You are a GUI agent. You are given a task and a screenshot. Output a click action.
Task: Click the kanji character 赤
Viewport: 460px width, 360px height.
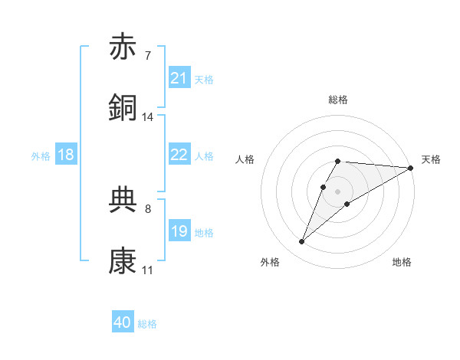[x=123, y=47]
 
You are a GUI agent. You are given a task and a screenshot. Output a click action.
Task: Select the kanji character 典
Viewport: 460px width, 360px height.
[x=123, y=200]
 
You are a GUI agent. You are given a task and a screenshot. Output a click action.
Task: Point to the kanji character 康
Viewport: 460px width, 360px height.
[x=123, y=261]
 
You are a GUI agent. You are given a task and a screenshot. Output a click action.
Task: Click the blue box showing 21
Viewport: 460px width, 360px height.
[x=179, y=78]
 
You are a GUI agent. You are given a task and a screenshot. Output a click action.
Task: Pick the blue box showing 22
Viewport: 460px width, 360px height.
[x=179, y=155]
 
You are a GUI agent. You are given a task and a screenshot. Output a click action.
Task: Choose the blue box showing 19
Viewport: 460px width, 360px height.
[x=179, y=231]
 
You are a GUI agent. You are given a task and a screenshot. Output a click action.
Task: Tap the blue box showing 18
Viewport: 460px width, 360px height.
[x=66, y=155]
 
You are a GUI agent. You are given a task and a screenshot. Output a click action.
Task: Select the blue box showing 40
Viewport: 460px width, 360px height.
[x=123, y=323]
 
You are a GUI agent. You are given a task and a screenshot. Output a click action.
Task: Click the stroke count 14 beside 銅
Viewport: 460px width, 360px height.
[x=148, y=117]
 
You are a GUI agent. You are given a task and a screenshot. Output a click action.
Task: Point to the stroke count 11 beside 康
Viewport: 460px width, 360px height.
[x=147, y=270]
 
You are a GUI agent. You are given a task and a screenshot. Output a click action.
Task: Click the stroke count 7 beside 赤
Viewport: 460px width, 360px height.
[x=147, y=56]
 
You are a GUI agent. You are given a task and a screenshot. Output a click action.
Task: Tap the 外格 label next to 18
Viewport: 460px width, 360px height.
[x=41, y=155]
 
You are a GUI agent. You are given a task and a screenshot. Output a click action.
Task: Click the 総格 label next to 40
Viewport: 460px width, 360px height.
[x=147, y=324]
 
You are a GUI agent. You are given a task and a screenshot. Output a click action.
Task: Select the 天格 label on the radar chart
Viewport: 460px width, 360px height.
[x=432, y=159]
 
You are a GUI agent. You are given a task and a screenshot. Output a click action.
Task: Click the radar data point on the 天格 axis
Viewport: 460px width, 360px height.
[x=410, y=168]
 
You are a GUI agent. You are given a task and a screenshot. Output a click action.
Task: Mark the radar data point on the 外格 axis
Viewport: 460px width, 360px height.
[x=301, y=242]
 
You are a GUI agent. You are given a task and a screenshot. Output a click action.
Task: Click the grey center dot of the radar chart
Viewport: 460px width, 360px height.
[x=338, y=191]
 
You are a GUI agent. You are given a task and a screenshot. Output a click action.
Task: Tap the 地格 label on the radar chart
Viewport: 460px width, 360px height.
[x=402, y=262]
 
